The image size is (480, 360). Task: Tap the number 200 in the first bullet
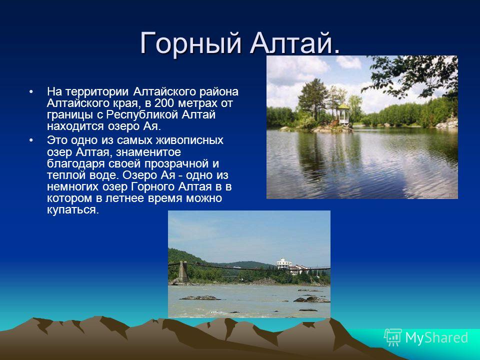164,103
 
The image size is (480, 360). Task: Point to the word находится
75,126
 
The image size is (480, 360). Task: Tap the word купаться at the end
73,210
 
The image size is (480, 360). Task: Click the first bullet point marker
30,92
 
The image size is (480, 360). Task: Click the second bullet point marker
30,140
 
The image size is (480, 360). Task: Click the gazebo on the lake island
343,114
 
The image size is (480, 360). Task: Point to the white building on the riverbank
284,263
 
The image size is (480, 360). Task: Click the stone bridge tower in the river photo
183,271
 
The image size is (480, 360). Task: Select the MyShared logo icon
393,337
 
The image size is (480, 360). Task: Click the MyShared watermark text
436,337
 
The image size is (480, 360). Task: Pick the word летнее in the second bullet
125,198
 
